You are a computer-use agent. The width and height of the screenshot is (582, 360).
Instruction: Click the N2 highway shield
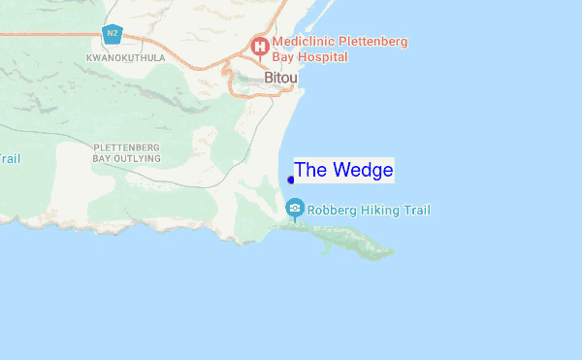(x=113, y=34)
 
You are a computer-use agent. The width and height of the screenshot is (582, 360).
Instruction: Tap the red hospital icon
(x=260, y=46)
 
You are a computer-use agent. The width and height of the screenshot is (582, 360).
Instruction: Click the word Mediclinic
(x=305, y=42)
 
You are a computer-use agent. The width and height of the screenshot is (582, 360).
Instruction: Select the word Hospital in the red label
(x=323, y=57)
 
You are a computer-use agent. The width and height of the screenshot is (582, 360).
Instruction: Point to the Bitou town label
(x=280, y=77)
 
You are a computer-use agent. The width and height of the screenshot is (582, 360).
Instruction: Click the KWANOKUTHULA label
(x=126, y=58)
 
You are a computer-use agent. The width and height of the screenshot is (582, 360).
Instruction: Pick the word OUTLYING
(x=136, y=157)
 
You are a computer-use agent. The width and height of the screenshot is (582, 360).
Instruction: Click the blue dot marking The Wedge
(x=292, y=180)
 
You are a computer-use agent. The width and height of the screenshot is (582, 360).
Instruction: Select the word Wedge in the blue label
(x=362, y=170)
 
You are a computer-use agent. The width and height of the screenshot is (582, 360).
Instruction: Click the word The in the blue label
(x=310, y=170)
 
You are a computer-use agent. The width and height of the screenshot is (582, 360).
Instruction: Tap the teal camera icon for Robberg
(x=295, y=209)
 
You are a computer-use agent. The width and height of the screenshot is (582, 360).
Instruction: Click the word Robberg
(x=335, y=210)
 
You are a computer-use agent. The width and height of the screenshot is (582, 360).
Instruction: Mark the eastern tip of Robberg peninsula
(x=393, y=253)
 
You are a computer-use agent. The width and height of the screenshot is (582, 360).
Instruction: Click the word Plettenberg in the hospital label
(x=372, y=42)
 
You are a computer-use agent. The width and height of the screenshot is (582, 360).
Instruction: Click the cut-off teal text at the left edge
(x=9, y=159)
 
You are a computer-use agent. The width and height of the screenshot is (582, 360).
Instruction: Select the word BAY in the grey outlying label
(x=102, y=157)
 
